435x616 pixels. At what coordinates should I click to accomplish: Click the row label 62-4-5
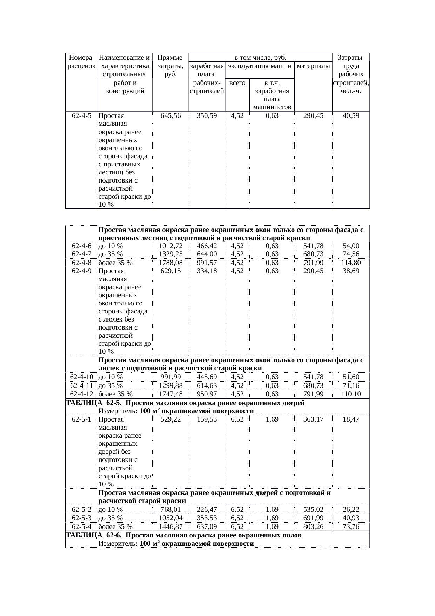(x=81, y=115)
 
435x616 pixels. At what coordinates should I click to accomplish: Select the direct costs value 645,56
(x=170, y=115)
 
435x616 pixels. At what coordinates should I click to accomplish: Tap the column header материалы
(x=313, y=66)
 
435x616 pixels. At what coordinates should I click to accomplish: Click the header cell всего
(x=237, y=83)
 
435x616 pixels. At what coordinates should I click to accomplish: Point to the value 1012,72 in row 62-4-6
(x=170, y=246)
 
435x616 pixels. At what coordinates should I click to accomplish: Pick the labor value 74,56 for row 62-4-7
(x=351, y=254)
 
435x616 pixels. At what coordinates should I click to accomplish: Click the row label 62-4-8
(x=81, y=263)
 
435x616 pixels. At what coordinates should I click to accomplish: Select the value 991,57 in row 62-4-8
(x=207, y=263)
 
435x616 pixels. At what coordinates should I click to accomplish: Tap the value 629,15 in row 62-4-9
(x=170, y=271)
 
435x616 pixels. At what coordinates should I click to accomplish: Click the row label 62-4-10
(x=81, y=377)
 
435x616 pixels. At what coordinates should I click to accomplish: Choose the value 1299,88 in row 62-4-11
(x=170, y=386)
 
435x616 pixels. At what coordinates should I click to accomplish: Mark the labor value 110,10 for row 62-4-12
(x=351, y=394)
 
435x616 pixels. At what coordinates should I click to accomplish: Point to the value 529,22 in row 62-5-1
(x=170, y=419)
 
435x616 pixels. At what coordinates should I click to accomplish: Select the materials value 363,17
(x=313, y=419)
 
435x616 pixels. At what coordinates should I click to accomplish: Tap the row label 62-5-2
(x=81, y=509)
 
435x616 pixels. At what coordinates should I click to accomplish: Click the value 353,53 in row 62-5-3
(x=207, y=518)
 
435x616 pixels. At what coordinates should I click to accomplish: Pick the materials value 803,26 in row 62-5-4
(x=313, y=526)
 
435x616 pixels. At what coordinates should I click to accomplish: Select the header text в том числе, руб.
(x=260, y=57)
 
